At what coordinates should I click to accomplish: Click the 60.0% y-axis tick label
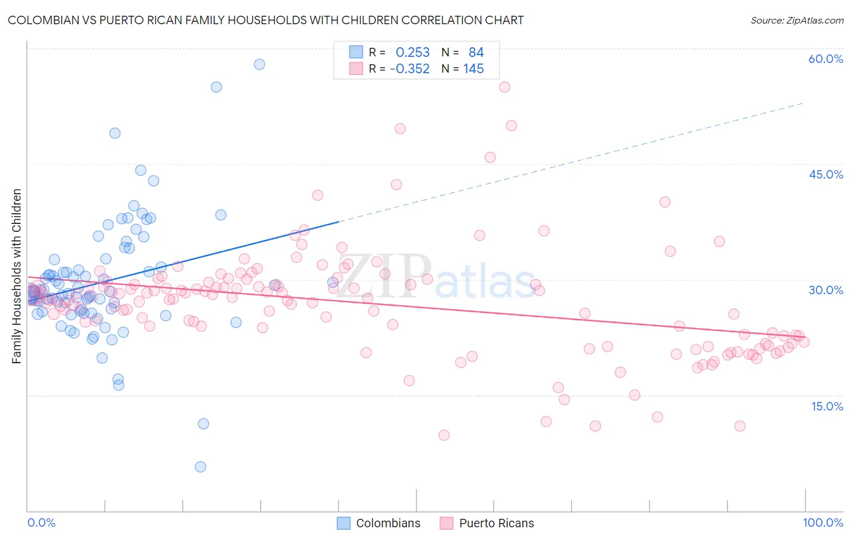[826, 59]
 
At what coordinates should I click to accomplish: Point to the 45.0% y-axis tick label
[826, 174]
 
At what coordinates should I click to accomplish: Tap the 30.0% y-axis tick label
[826, 290]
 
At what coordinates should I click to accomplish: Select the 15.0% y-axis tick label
[827, 406]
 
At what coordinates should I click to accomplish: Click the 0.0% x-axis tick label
[41, 523]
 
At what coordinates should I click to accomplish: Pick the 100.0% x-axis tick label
[823, 523]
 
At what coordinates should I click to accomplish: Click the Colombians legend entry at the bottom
[387, 523]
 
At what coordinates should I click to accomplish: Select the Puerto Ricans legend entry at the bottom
[496, 523]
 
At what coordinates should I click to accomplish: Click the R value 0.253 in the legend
[412, 53]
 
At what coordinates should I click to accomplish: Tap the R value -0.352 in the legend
[410, 69]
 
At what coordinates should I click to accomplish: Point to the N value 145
[473, 69]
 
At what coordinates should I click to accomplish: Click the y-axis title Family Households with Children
[17, 276]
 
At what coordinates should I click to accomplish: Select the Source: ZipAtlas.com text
[797, 21]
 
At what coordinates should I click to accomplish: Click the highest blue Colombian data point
[259, 64]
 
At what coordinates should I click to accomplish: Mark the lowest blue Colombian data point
[200, 467]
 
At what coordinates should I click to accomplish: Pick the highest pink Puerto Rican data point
[504, 87]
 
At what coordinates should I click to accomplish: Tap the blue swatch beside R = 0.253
[356, 52]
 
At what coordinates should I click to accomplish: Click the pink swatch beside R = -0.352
[356, 68]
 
